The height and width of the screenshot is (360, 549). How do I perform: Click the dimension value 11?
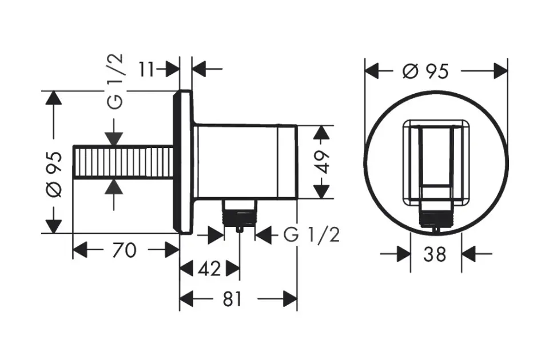[146, 69]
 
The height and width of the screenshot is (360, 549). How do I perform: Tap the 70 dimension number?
[124, 250]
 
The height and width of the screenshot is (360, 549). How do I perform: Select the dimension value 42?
[209, 269]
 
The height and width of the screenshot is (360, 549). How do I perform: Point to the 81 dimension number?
[233, 299]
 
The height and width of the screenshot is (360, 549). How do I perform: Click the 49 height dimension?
[322, 162]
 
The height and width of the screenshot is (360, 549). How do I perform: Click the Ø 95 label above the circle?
[425, 71]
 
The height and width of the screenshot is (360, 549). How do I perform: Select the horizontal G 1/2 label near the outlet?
[311, 234]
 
